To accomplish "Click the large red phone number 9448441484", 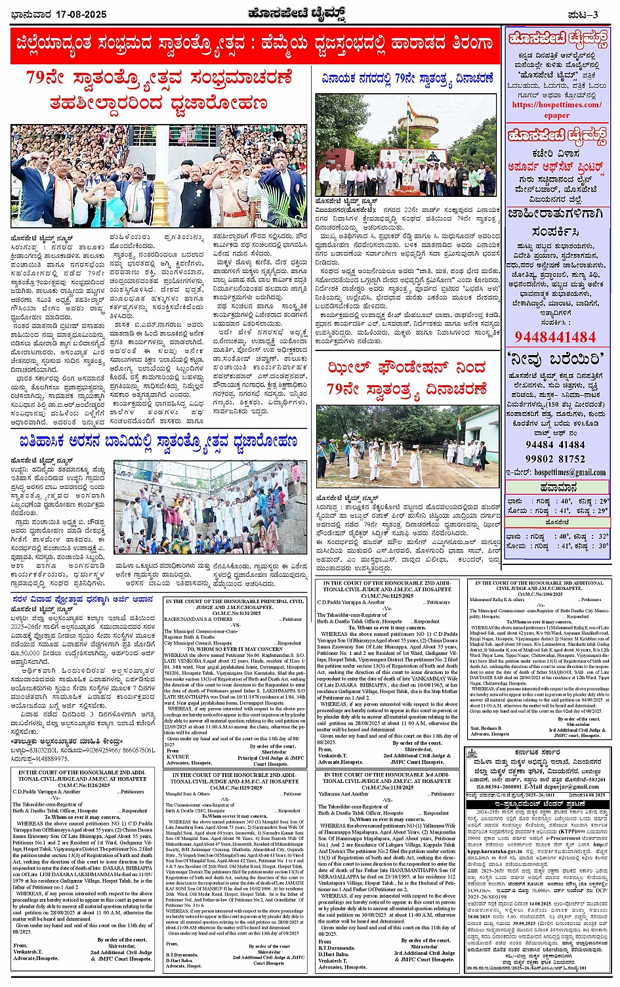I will (x=555, y=337).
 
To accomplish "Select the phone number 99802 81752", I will (x=555, y=459).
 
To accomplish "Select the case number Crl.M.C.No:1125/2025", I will (x=384, y=595).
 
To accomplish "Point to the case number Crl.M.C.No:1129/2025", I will (x=234, y=787).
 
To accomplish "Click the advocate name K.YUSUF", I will (x=179, y=757).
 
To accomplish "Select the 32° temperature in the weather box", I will (x=603, y=536).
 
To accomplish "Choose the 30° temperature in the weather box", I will (x=603, y=545).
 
